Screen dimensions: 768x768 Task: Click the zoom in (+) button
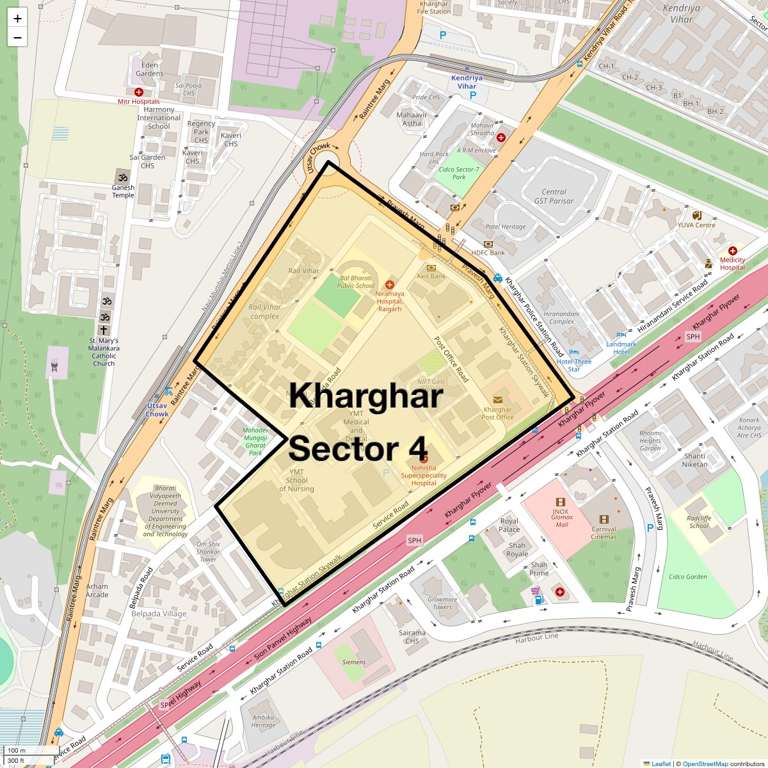[x=17, y=19]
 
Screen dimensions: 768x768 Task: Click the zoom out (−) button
[x=17, y=37]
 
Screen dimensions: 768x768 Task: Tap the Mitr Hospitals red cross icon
[x=138, y=92]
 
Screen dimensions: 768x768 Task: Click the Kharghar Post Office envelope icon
[x=498, y=399]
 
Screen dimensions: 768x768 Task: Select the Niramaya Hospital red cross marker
[x=389, y=284]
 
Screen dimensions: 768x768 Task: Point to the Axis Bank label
[x=431, y=276]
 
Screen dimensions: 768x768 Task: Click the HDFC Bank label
[x=488, y=253]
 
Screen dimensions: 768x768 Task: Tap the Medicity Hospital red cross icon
[x=733, y=251]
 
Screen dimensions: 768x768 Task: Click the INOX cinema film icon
[x=561, y=502]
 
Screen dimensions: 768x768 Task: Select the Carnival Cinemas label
[x=604, y=533]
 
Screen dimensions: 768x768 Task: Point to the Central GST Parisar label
[x=554, y=196]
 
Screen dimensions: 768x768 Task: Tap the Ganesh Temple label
[x=123, y=191]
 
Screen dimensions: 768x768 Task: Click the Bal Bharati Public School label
[x=355, y=282]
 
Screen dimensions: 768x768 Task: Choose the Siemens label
[x=354, y=662]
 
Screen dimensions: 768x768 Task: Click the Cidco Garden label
[x=687, y=577]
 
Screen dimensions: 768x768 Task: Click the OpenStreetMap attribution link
[x=705, y=764]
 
